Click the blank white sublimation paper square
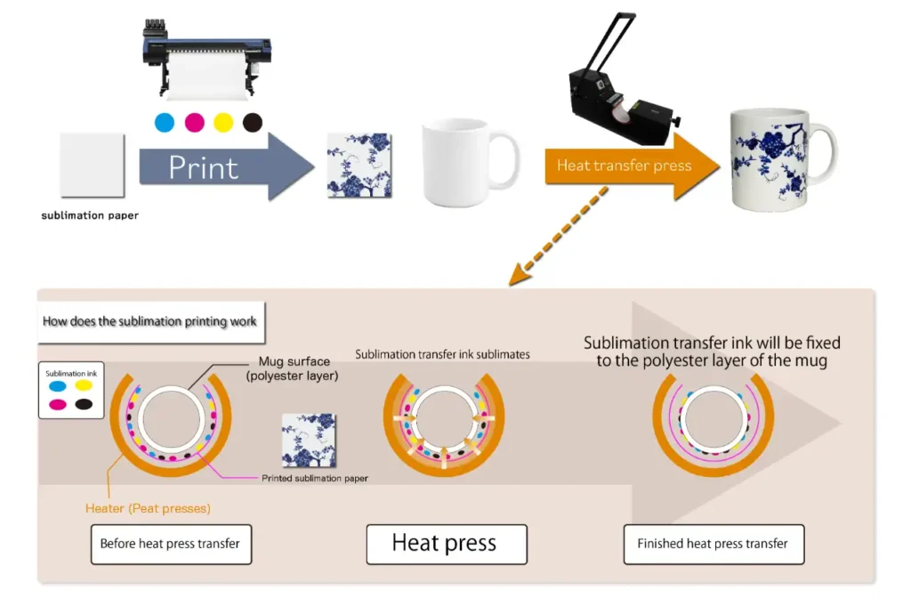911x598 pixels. [93, 166]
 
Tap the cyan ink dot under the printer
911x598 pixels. [164, 122]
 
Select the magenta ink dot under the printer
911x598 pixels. [194, 122]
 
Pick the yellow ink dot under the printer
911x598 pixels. [223, 122]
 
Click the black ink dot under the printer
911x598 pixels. [253, 122]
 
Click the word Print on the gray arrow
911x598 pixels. [204, 167]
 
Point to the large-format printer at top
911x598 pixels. [206, 55]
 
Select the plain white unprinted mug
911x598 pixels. [458, 163]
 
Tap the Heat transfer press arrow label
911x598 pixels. [624, 166]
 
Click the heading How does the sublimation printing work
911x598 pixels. [149, 320]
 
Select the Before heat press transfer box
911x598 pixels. [170, 544]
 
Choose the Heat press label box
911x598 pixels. [445, 544]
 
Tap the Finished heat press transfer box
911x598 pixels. [713, 544]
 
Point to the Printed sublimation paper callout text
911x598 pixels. [315, 478]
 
